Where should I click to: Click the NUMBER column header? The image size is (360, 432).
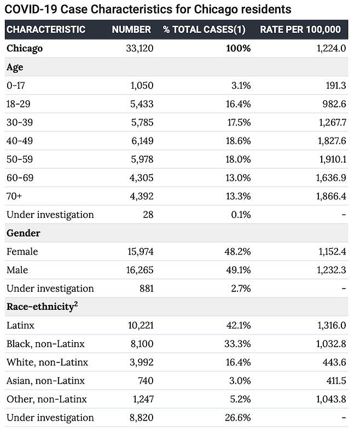[131, 29]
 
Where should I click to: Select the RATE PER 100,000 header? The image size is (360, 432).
[300, 29]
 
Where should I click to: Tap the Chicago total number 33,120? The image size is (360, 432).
[140, 48]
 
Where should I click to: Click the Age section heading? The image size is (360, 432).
[15, 67]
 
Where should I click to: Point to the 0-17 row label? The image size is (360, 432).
[16, 85]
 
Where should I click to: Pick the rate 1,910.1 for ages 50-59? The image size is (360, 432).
[333, 159]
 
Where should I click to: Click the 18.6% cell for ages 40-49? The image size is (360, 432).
[239, 141]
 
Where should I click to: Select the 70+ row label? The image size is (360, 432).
[14, 196]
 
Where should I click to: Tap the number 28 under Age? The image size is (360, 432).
[148, 215]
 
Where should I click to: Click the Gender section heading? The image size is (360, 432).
[24, 233]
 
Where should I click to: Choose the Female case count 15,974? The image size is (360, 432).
[141, 251]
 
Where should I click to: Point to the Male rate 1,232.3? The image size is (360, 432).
[332, 270]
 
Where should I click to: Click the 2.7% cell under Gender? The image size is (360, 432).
[241, 289]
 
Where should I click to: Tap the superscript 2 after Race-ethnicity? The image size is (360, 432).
[76, 304]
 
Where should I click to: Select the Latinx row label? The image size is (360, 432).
[20, 325]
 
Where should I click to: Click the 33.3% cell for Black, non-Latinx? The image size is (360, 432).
[237, 344]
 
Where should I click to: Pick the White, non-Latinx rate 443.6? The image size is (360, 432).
[334, 362]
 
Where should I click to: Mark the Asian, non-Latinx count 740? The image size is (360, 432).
[146, 381]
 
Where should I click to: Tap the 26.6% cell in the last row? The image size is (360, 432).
[238, 418]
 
